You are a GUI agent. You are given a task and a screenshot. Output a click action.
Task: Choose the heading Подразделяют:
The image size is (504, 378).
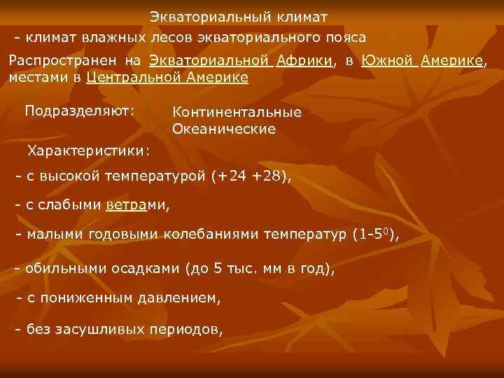click(x=80, y=110)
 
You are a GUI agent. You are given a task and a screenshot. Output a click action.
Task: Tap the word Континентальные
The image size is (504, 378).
click(x=237, y=113)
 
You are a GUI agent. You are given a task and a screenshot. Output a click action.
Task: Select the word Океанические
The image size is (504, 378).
click(x=223, y=129)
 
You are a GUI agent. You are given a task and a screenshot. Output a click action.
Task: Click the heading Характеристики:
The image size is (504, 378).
click(x=87, y=150)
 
